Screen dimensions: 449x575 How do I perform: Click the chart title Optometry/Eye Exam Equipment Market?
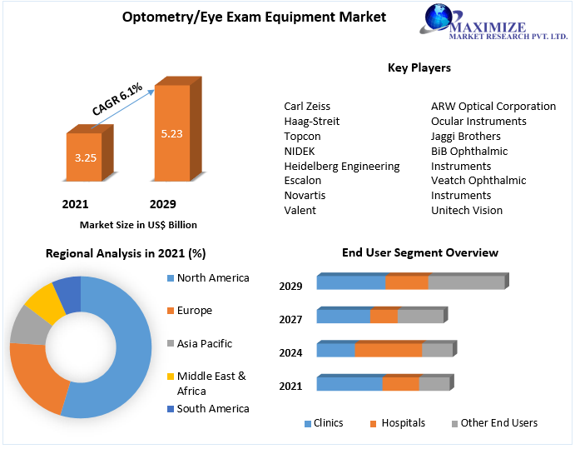pos(254,17)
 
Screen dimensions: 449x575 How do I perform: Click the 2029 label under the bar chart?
pos(162,204)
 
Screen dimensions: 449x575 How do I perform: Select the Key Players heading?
pos(419,67)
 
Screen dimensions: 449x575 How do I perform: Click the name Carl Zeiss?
pos(307,107)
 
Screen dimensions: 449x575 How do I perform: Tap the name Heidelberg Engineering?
pos(341,166)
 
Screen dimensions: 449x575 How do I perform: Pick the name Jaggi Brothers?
pos(465,136)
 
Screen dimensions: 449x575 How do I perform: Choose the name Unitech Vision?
pos(466,210)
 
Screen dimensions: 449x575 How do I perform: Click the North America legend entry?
pos(212,278)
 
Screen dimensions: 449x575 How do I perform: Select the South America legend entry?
pos(212,408)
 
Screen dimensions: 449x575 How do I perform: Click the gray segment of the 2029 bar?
pos(466,282)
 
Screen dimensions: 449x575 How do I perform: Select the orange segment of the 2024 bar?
pos(389,350)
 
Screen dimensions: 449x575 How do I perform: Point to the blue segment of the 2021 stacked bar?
pos(349,383)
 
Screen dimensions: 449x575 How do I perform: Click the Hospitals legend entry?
pos(402,423)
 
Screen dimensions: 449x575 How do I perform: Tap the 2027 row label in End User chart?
pos(290,319)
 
